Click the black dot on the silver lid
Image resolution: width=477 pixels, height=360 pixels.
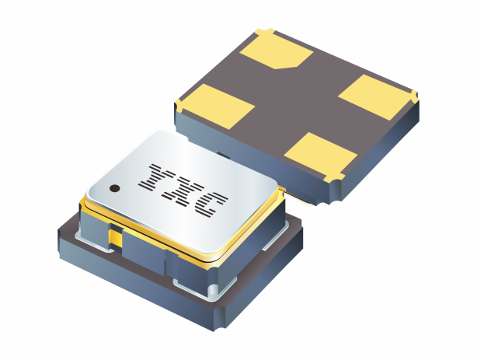[115, 189]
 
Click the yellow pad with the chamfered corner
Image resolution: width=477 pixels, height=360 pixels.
[276, 51]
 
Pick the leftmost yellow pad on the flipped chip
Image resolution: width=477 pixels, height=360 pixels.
[218, 106]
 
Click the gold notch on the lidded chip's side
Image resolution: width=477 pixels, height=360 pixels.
[116, 237]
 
